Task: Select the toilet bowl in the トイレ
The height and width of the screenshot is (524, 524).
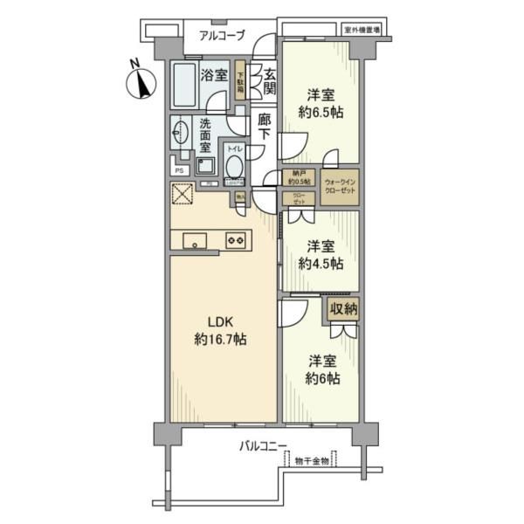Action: click(x=234, y=165)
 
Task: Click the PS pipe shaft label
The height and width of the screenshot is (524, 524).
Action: click(x=180, y=170)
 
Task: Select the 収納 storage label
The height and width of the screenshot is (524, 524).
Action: click(x=343, y=309)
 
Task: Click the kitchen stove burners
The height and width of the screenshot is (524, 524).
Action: click(x=235, y=239)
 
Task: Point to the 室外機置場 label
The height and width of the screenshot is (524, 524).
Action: click(x=367, y=30)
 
